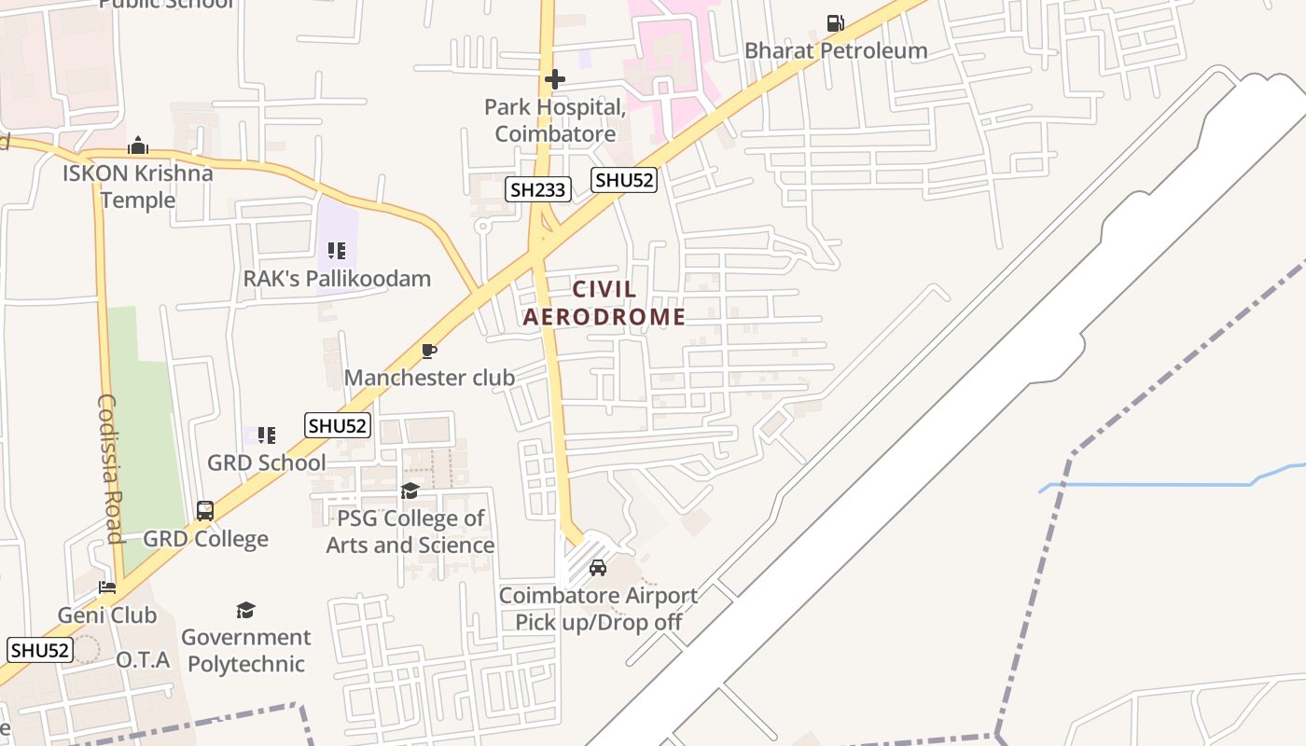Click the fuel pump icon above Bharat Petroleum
tap(836, 23)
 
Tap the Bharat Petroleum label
tap(836, 50)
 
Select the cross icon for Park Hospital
tap(555, 79)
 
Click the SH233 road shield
tap(538, 190)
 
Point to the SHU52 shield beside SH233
tap(624, 180)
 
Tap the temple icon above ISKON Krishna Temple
tap(138, 145)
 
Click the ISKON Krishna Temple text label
tap(138, 186)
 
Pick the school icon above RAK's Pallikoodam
tap(337, 251)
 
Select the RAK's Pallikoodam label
tap(337, 278)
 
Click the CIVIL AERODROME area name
tap(604, 303)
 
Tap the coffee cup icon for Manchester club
tap(429, 351)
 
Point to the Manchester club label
tap(429, 378)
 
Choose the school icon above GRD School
tap(267, 435)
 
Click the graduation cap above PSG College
tap(410, 491)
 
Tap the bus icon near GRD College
tap(205, 511)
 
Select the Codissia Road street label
tap(109, 468)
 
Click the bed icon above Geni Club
tap(107, 587)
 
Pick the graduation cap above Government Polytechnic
tap(245, 610)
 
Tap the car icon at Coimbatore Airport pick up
tap(598, 568)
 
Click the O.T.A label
tap(143, 660)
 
